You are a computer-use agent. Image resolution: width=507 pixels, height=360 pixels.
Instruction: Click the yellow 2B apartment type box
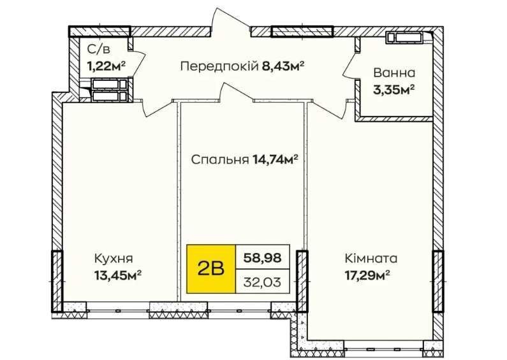point(211,269)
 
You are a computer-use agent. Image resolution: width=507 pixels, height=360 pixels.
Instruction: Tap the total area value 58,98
point(262,257)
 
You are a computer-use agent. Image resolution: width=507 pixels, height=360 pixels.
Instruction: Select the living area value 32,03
point(262,282)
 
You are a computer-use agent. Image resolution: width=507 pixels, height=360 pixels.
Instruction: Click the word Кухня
point(114,259)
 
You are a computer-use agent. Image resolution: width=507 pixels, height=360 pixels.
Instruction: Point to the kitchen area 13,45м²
point(118,276)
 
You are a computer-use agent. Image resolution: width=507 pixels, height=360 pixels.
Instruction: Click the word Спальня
point(220,160)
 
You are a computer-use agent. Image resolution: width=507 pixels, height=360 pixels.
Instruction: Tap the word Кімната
point(371,259)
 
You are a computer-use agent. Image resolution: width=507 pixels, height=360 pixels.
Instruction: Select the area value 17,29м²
point(367,276)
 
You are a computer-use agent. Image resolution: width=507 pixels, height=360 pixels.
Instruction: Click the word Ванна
point(394,73)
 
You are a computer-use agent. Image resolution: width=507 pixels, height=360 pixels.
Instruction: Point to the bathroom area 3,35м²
point(394,89)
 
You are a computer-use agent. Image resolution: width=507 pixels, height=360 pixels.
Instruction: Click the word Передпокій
point(219,66)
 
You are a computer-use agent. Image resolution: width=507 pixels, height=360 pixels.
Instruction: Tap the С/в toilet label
point(99,50)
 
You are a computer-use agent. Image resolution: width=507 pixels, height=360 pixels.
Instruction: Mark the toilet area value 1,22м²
point(106,66)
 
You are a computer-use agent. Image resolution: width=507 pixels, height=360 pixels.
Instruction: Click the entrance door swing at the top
point(231,21)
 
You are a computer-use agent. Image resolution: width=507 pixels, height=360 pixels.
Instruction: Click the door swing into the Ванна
point(350,66)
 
